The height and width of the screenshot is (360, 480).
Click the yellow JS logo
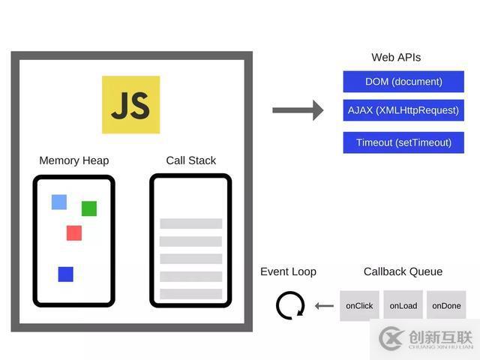click(x=130, y=104)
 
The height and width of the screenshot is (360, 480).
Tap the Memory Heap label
click(x=73, y=160)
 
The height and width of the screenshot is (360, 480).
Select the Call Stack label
click(x=190, y=160)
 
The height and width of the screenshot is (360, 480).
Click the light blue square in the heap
click(x=58, y=202)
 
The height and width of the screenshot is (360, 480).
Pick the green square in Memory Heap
click(x=89, y=208)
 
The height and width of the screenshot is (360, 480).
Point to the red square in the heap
click(x=73, y=232)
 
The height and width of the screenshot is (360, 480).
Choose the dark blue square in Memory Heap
click(x=65, y=274)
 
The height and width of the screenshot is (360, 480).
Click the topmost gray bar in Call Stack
click(x=190, y=223)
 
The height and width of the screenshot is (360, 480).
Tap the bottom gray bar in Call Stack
click(x=190, y=293)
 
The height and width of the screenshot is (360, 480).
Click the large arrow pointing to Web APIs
click(x=297, y=111)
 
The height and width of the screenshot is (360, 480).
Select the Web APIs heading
click(x=396, y=58)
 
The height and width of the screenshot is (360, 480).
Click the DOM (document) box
click(x=403, y=82)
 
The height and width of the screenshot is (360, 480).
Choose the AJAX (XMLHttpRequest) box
click(x=403, y=110)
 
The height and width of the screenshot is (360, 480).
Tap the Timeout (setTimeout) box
click(x=403, y=142)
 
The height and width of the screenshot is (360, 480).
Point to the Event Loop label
click(x=288, y=271)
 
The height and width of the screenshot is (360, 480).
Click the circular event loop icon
click(x=290, y=306)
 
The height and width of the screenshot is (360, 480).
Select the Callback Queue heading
click(x=403, y=271)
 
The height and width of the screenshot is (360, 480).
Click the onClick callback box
click(x=359, y=306)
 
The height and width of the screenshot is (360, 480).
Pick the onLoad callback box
click(x=403, y=306)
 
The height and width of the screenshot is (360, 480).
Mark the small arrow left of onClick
click(x=324, y=306)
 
